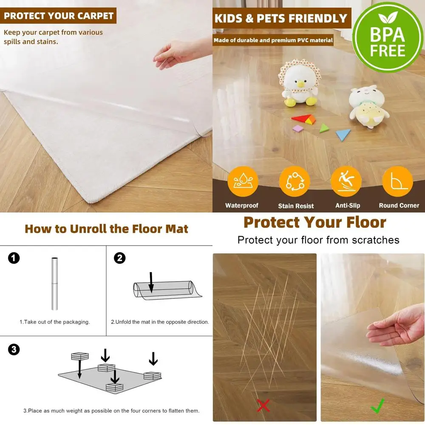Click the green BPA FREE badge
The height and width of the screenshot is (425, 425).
coord(388,37)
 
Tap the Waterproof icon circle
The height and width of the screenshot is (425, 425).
coord(243,181)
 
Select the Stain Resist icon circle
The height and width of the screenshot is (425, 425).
coord(295,181)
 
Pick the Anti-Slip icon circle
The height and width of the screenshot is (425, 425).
coord(346,181)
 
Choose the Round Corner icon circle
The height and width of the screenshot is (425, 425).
coord(397,181)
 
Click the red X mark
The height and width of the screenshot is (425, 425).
coord(263,405)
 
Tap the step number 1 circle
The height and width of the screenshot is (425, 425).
coord(14,258)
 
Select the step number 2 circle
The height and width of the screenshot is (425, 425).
coord(120,258)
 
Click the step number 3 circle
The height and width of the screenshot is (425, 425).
coord(14,349)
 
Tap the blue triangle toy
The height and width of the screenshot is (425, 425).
coord(343,134)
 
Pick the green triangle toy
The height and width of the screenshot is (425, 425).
coord(324,127)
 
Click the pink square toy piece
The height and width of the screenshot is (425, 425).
coord(298,128)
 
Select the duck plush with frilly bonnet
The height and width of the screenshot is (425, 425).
coord(300,83)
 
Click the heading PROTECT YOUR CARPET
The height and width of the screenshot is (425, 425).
coord(59,16)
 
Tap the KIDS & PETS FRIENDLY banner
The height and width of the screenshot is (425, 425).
coord(281,19)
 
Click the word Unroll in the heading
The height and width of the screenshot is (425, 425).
coord(88,229)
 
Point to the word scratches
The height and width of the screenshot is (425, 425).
coord(376,240)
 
